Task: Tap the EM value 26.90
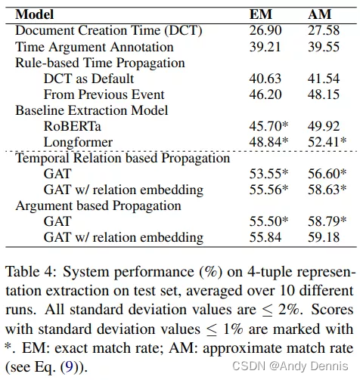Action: [265, 30]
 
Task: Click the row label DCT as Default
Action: [88, 78]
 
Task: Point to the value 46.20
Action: [265, 94]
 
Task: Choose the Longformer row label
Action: [79, 142]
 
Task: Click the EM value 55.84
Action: [265, 237]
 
